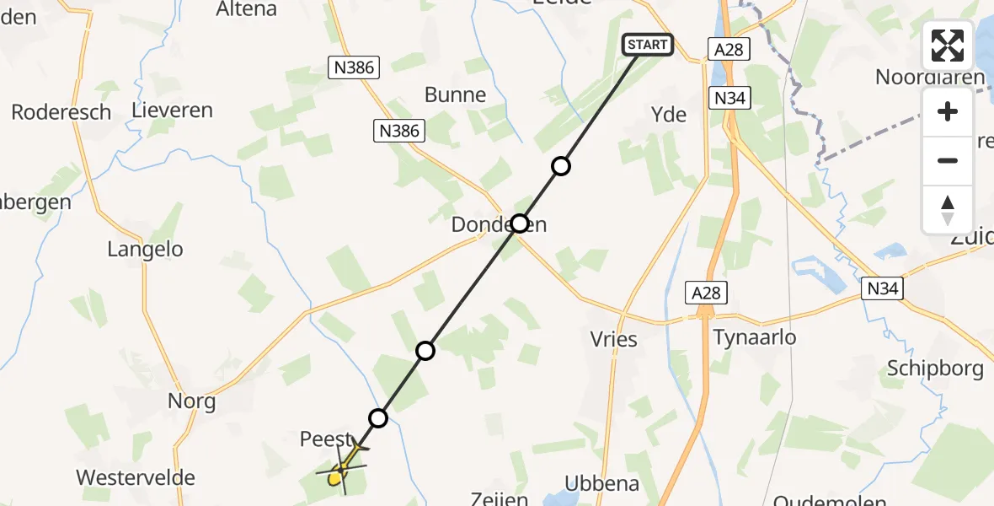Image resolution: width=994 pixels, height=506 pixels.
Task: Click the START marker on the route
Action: tap(648, 45)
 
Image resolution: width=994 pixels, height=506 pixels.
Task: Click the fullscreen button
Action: tap(948, 46)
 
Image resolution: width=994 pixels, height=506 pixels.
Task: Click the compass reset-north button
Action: tap(948, 210)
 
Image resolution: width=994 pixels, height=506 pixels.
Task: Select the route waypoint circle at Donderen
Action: tap(520, 223)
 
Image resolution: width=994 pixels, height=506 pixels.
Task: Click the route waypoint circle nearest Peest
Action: tap(378, 418)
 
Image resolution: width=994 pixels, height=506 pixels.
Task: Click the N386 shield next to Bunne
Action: tap(400, 131)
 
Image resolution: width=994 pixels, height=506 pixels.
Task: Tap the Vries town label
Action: tap(614, 339)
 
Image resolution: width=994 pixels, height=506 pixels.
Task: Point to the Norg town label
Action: tap(192, 401)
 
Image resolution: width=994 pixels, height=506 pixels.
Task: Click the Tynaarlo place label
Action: tap(755, 337)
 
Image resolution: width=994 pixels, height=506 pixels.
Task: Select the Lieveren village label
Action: tap(173, 110)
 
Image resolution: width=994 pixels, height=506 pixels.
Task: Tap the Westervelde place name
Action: tap(136, 477)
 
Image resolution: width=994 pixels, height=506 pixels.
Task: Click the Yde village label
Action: tap(669, 115)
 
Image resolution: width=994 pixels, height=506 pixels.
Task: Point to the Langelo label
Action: tap(146, 249)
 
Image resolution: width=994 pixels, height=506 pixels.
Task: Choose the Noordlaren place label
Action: tap(930, 78)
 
